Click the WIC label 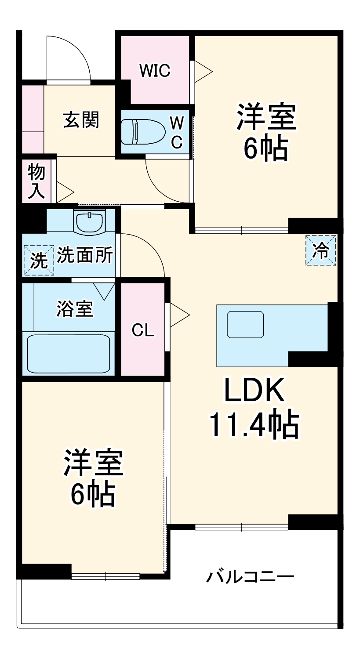(x=155, y=70)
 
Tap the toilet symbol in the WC (x=142, y=131)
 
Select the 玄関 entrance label (x=81, y=119)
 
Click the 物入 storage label (x=36, y=181)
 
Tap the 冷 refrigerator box (x=321, y=251)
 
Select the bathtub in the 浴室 (x=69, y=353)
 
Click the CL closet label (x=143, y=330)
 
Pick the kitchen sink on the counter (x=245, y=324)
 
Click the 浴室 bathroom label (x=75, y=309)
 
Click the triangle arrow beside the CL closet (x=178, y=315)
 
